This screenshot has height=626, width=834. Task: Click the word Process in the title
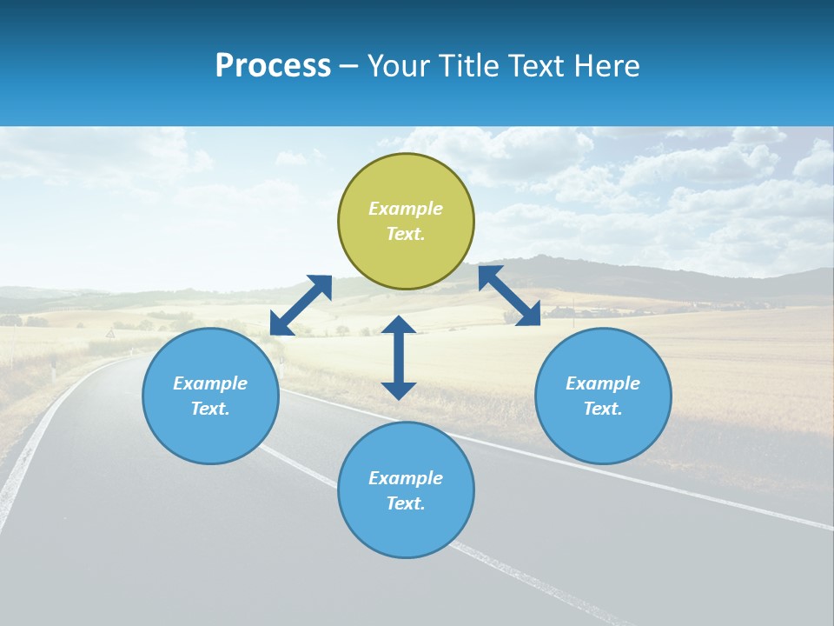[x=273, y=66]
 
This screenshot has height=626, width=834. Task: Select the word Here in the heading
[x=606, y=66]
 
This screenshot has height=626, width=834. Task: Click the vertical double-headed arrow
[x=399, y=357]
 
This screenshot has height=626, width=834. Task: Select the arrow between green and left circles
[x=301, y=304]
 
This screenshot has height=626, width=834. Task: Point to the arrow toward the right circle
[x=509, y=296]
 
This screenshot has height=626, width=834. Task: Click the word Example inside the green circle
[x=406, y=209]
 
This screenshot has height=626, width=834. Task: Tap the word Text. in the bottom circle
[x=406, y=503]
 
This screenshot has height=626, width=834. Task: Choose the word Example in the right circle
[x=603, y=383]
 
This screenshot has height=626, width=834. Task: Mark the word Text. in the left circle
[x=210, y=409]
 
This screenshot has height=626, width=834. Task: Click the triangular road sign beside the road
[x=110, y=333]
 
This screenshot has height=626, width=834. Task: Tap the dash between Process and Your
[x=348, y=66]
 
